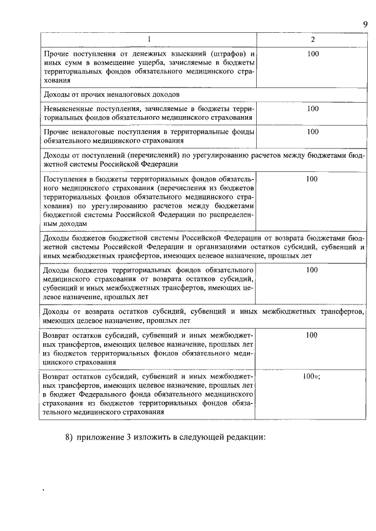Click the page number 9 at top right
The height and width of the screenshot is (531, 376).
(x=364, y=23)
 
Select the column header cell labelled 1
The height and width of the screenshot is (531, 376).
(x=149, y=40)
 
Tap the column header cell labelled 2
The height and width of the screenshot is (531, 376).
(x=313, y=40)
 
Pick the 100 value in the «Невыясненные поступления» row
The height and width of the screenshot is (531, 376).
(x=313, y=109)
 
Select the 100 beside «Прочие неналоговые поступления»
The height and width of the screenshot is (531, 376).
(x=313, y=131)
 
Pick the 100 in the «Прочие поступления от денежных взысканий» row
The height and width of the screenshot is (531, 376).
(x=313, y=54)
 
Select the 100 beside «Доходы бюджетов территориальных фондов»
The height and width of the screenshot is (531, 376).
(x=313, y=270)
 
